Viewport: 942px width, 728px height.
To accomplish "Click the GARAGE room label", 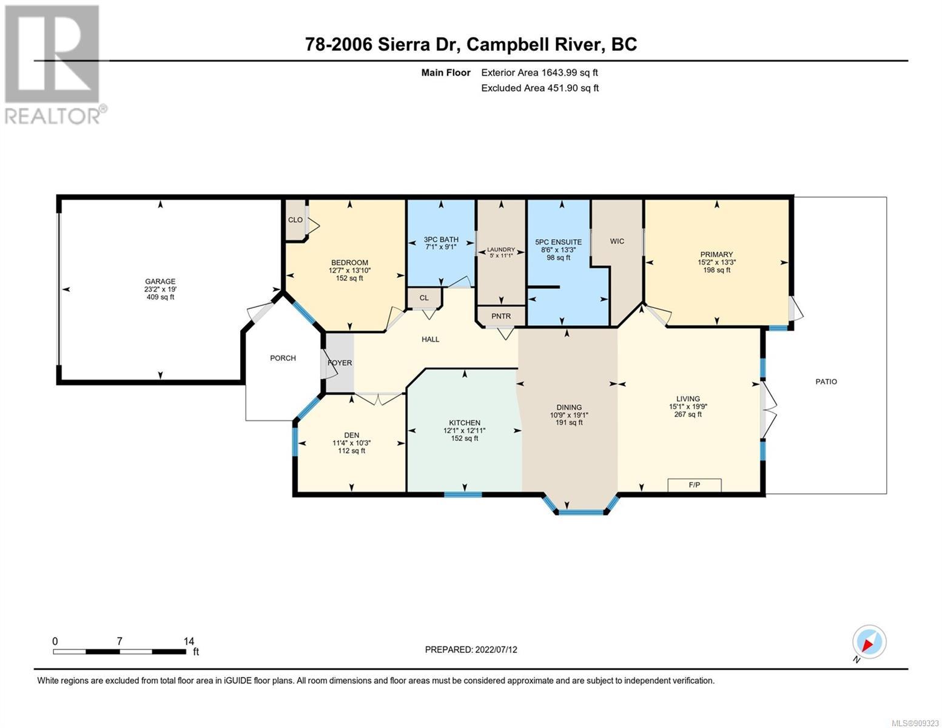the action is pyautogui.click(x=160, y=281).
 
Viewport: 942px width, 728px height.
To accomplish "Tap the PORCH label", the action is pyautogui.click(x=283, y=358).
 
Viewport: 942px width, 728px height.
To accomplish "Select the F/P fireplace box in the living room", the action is pyautogui.click(x=694, y=485).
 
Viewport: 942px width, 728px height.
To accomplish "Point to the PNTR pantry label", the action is pyautogui.click(x=500, y=316).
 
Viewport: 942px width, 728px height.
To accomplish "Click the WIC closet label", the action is pyautogui.click(x=616, y=241).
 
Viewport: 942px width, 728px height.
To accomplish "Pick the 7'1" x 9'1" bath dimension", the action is pyautogui.click(x=441, y=247).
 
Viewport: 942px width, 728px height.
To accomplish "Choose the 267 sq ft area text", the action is pyautogui.click(x=688, y=414).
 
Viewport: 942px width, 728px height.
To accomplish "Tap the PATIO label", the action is pyautogui.click(x=826, y=382).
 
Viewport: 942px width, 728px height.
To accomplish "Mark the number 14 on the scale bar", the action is pyautogui.click(x=189, y=641).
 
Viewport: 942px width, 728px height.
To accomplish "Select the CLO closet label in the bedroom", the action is pyautogui.click(x=295, y=220).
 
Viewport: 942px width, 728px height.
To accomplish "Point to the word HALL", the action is pyautogui.click(x=430, y=340).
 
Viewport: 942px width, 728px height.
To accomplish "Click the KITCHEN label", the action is pyautogui.click(x=464, y=423).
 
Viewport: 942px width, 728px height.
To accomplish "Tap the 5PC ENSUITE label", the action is pyautogui.click(x=559, y=242).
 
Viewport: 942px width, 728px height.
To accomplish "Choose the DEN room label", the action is pyautogui.click(x=351, y=436).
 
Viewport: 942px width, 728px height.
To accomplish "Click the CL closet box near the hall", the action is pyautogui.click(x=424, y=298).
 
